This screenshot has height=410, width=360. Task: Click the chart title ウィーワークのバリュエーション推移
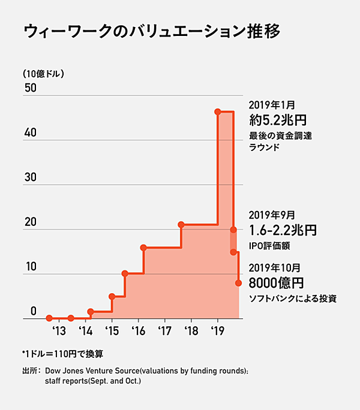[151, 32]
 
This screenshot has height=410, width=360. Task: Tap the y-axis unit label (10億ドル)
[43, 74]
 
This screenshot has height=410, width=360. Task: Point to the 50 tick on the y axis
[30, 88]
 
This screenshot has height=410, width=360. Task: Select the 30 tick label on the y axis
[30, 177]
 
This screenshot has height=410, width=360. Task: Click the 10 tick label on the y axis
[30, 266]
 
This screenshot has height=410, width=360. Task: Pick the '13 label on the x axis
[58, 331]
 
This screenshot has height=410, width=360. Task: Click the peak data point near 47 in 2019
[217, 111]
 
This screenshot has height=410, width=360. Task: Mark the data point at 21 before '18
[181, 225]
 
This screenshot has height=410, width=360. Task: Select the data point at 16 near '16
[143, 248]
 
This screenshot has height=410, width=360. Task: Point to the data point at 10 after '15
[125, 273]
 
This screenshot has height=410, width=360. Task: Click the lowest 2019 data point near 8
[239, 282]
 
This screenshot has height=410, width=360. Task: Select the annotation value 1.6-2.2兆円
[282, 230]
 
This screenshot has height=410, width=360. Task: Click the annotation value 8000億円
[276, 282]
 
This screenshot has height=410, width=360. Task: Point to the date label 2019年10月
[274, 267]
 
